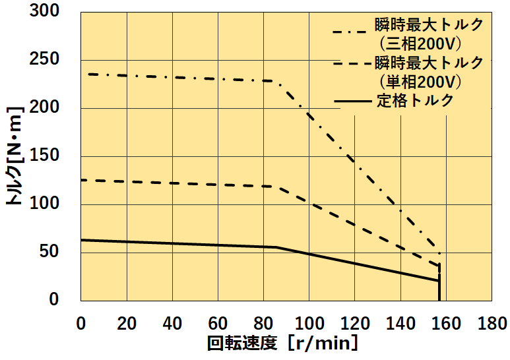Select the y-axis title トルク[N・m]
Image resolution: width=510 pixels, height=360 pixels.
pyautogui.click(x=15, y=156)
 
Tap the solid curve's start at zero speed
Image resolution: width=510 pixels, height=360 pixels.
pyautogui.click(x=81, y=240)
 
